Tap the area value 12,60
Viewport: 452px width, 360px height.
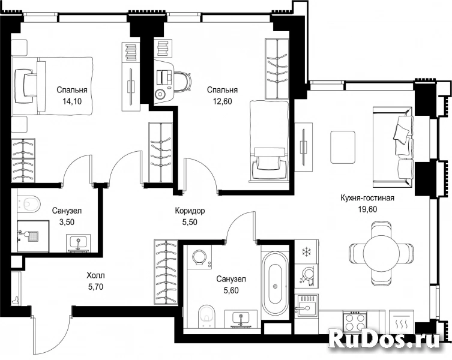(x=222, y=101)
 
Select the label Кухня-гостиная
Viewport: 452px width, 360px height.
(x=367, y=199)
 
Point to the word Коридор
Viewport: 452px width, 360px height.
(x=190, y=211)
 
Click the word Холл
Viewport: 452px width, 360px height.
(x=95, y=276)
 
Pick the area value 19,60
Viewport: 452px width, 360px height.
(x=367, y=209)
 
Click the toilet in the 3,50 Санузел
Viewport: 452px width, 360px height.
(x=29, y=203)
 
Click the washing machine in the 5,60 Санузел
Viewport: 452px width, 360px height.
(x=199, y=257)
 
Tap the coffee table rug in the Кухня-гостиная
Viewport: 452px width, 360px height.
(x=343, y=147)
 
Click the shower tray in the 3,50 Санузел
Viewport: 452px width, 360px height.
(x=33, y=236)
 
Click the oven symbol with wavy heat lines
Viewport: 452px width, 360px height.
(x=401, y=322)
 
